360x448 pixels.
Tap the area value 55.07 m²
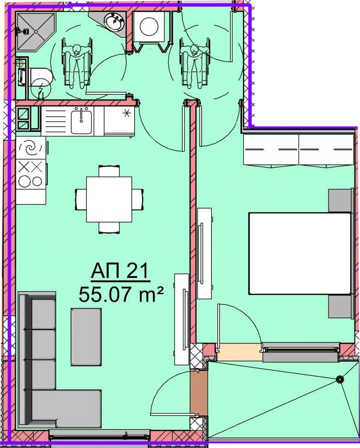click(121, 294)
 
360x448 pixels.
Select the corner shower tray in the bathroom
click(35, 32)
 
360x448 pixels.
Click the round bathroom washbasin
click(114, 21)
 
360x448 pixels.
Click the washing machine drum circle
click(149, 26)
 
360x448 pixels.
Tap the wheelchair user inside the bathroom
click(77, 63)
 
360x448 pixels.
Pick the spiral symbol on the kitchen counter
click(30, 148)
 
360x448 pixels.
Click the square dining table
click(109, 199)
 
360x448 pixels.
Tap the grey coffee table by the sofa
click(86, 336)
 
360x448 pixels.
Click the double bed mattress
click(300, 253)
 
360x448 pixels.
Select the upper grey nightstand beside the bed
click(340, 200)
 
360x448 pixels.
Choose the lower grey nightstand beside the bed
click(340, 306)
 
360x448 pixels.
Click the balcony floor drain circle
click(340, 379)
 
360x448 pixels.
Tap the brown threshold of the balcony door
click(199, 392)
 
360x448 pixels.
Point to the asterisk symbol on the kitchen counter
click(125, 113)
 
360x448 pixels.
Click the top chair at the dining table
click(109, 171)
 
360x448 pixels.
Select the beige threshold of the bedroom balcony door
click(239, 352)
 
